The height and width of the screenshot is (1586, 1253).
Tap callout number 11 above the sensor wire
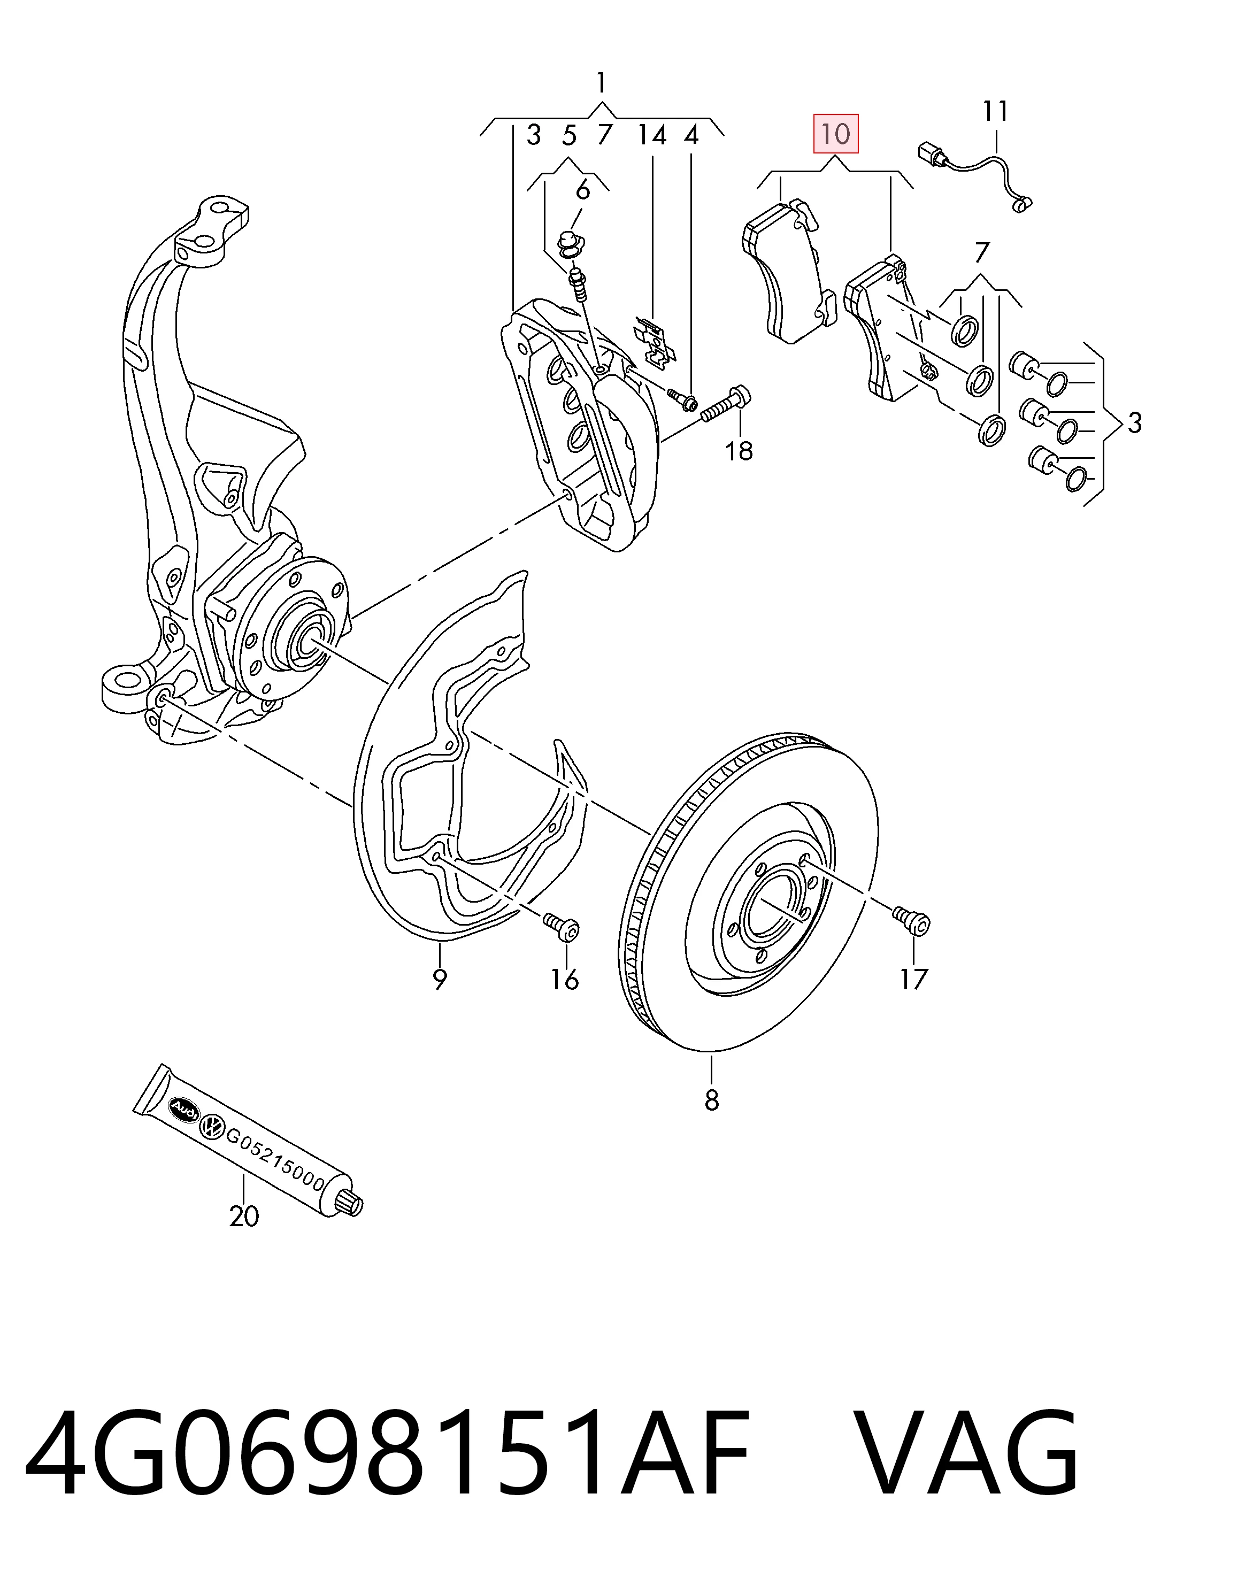(x=996, y=112)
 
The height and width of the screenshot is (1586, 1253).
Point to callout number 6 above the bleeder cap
(x=583, y=190)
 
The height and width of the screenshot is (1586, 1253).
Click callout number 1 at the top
(x=602, y=83)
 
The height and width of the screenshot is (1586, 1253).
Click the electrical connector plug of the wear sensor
(x=931, y=154)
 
